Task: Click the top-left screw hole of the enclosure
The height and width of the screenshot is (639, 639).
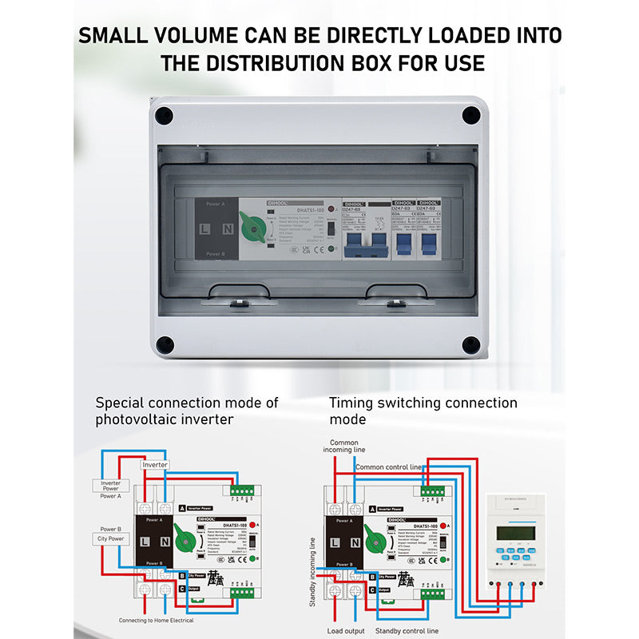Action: (164, 115)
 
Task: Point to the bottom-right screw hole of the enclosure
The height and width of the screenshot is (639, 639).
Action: (471, 345)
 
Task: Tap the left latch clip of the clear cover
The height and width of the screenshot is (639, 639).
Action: (237, 303)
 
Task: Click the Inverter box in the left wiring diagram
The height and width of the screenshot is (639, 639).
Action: (154, 464)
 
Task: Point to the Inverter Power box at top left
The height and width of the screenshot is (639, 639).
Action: (110, 485)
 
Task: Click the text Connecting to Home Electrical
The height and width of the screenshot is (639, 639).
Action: (165, 620)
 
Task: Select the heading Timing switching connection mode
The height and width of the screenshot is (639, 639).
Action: (423, 411)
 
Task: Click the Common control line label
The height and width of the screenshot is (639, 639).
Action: (388, 466)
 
